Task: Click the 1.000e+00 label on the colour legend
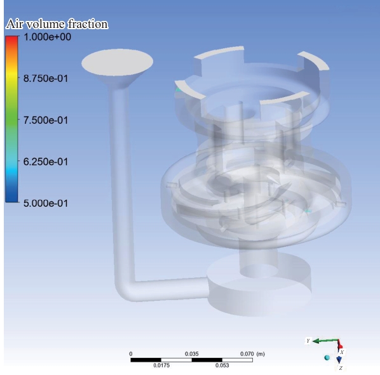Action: [x=47, y=37]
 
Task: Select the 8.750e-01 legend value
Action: [x=46, y=79]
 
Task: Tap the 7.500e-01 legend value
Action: [x=46, y=121]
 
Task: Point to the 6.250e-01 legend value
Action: [x=46, y=162]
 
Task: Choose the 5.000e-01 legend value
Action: [x=46, y=203]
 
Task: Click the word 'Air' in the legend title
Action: [x=15, y=24]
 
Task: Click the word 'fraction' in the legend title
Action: [x=88, y=24]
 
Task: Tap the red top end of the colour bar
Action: [x=11, y=38]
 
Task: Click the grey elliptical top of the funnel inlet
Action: [x=118, y=62]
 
